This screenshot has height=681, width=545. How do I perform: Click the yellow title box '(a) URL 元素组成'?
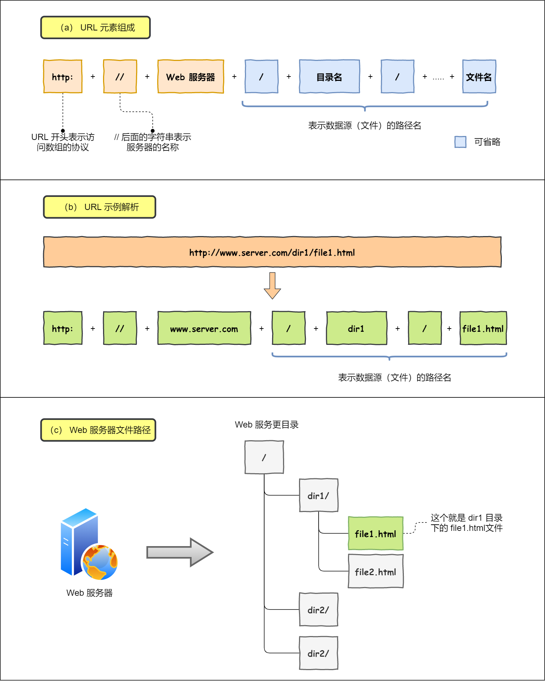pyautogui.click(x=95, y=28)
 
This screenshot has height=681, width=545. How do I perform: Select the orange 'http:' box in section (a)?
pyautogui.click(x=63, y=77)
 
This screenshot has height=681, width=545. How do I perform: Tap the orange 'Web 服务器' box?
pyautogui.click(x=190, y=77)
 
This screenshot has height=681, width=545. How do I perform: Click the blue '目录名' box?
pyautogui.click(x=329, y=77)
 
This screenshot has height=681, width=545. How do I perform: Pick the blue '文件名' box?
pyautogui.click(x=479, y=77)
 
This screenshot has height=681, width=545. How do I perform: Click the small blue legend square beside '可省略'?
pyautogui.click(x=460, y=142)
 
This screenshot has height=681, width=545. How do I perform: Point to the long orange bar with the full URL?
pyautogui.click(x=272, y=252)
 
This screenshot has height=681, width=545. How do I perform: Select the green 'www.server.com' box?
pyautogui.click(x=204, y=328)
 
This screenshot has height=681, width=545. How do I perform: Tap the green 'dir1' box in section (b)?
pyautogui.click(x=356, y=328)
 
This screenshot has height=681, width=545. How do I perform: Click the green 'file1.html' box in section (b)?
pyautogui.click(x=483, y=328)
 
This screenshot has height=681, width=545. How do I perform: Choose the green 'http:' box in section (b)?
pyautogui.click(x=63, y=328)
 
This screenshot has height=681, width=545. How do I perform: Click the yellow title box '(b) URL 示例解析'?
pyautogui.click(x=99, y=207)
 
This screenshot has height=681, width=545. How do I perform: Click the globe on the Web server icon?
pyautogui.click(x=100, y=562)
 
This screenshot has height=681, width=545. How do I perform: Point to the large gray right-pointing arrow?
pyautogui.click(x=180, y=552)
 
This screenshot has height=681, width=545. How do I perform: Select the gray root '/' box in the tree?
pyautogui.click(x=264, y=457)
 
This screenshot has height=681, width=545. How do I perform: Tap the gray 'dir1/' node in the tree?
pyautogui.click(x=319, y=495)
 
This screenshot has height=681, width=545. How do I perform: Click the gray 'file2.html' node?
pyautogui.click(x=376, y=571)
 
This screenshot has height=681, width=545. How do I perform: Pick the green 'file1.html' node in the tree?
pyautogui.click(x=376, y=533)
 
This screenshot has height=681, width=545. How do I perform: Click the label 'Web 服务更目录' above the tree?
pyautogui.click(x=267, y=425)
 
